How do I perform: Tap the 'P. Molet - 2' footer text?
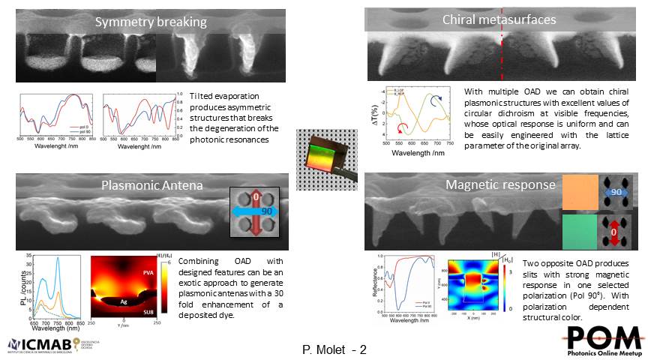(334, 349)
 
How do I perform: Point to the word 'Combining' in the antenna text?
(201, 260)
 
